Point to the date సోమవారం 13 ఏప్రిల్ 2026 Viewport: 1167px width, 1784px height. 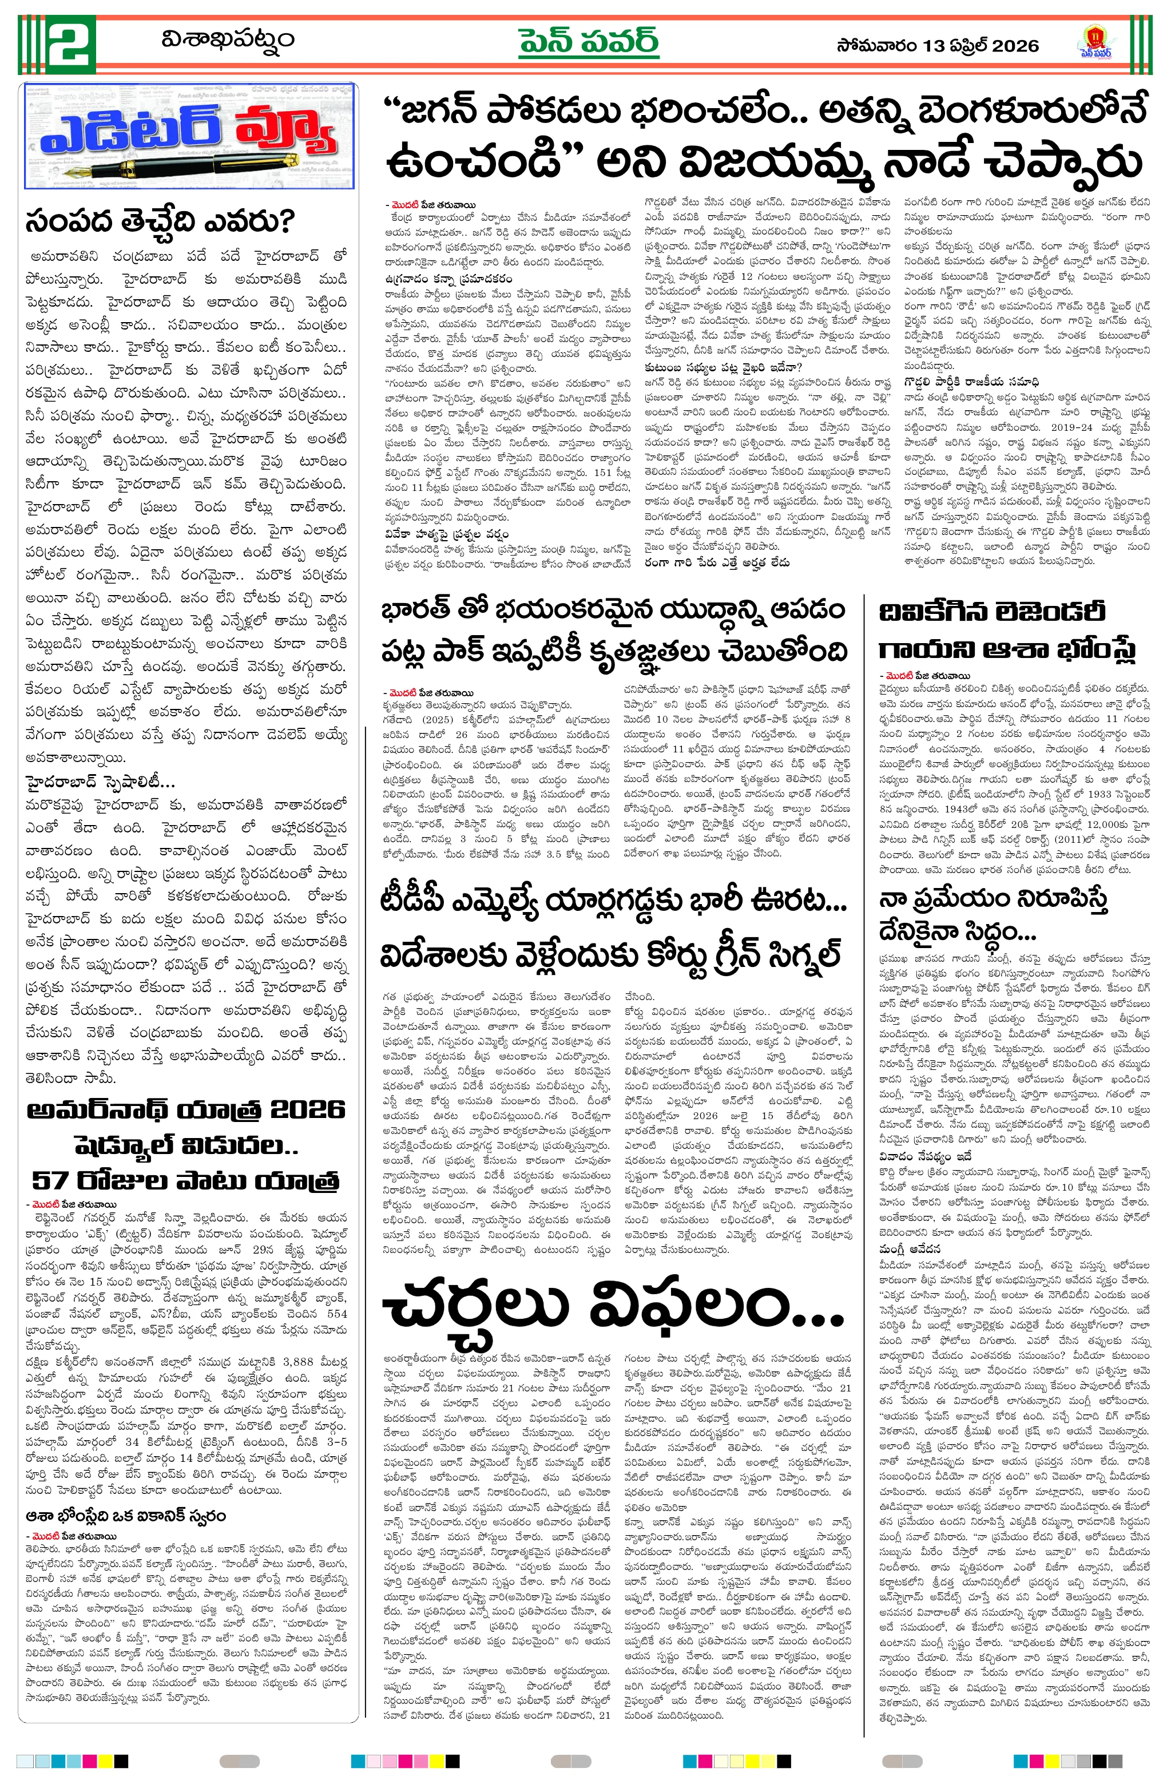coord(937,46)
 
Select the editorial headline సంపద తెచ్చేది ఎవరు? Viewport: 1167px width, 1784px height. coord(160,222)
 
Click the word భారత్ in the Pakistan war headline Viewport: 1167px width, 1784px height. coord(416,609)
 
